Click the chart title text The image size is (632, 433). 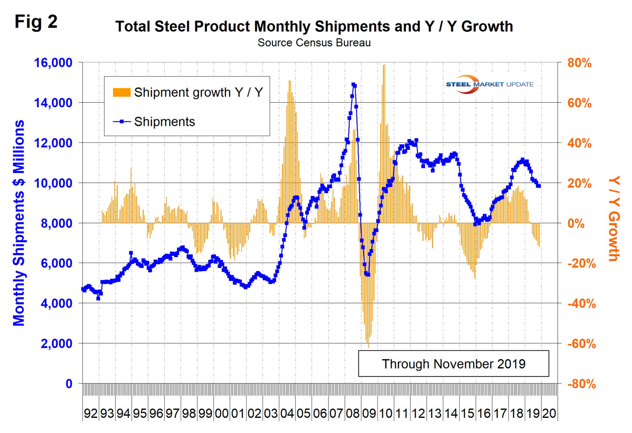click(314, 26)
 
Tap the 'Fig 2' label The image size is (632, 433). click(36, 21)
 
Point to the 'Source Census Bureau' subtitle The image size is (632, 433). click(314, 43)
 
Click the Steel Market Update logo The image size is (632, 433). click(489, 84)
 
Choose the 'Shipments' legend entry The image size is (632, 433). click(164, 122)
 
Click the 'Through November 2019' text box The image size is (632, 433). click(453, 364)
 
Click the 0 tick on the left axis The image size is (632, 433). click(69, 384)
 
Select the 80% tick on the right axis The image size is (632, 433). click(579, 63)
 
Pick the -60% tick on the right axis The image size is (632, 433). click(581, 344)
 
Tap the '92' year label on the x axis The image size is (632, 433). click(90, 413)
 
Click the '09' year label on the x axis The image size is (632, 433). click(369, 413)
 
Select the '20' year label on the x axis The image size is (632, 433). click(549, 413)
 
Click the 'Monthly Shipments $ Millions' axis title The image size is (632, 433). click(19, 223)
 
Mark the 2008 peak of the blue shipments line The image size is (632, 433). click(353, 85)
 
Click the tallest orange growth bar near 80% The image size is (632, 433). click(384, 66)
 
